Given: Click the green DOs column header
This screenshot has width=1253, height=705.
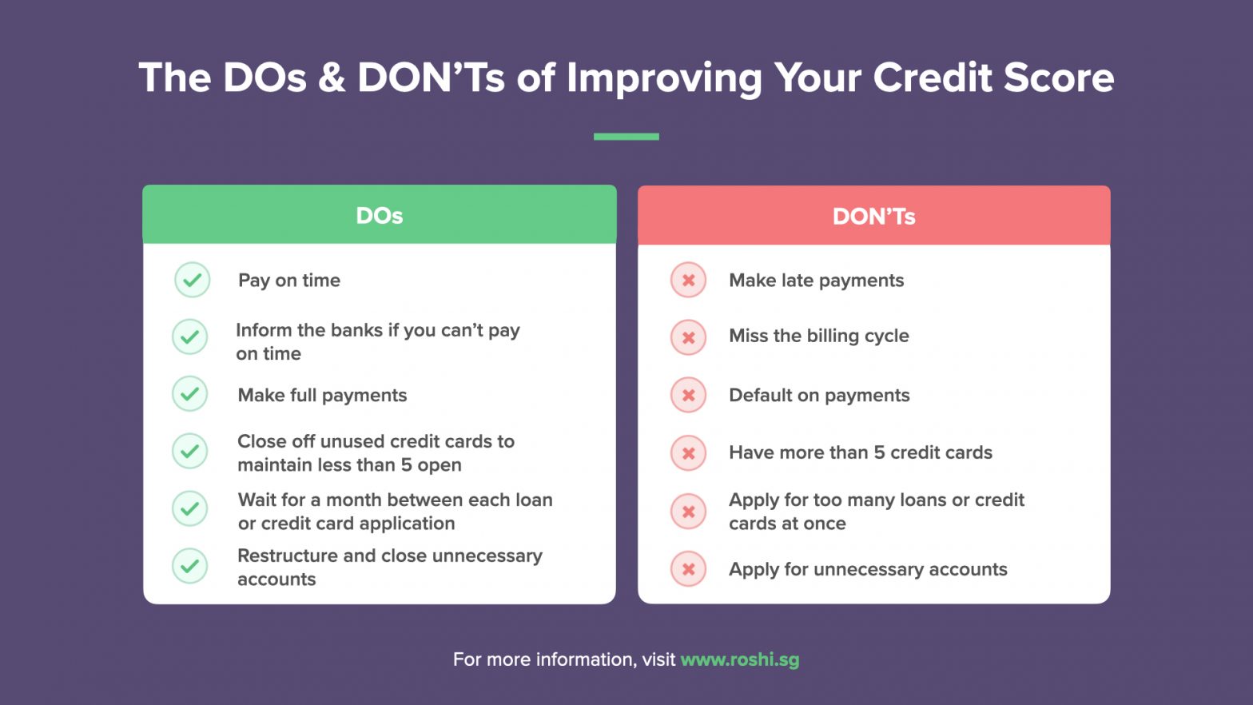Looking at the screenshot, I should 380,215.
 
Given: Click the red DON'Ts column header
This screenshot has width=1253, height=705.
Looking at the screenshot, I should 873,216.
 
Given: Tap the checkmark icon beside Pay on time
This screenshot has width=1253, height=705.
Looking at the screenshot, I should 192,280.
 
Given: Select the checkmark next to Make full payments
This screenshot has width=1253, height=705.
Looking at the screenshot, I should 190,394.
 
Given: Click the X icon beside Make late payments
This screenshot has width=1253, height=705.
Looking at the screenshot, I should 688,281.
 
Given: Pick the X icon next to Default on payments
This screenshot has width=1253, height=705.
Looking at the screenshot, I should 688,395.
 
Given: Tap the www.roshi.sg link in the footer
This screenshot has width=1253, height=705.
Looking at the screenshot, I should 739,659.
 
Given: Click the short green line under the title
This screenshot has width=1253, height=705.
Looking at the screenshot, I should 626,137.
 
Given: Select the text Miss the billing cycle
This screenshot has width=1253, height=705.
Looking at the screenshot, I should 818,336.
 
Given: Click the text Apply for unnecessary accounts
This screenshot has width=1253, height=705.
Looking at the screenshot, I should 868,569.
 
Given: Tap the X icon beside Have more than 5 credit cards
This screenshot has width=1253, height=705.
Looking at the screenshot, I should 688,453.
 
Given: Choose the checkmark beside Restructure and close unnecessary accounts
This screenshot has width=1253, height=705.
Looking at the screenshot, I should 190,566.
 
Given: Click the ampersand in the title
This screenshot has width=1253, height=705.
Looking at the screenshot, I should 332,78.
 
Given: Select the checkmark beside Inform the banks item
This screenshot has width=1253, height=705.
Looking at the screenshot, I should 190,337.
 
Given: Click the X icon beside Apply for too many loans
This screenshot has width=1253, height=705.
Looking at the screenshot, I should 688,512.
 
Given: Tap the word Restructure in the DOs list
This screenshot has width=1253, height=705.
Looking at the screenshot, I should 287,556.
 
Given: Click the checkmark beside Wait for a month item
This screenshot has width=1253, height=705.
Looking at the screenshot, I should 190,508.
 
